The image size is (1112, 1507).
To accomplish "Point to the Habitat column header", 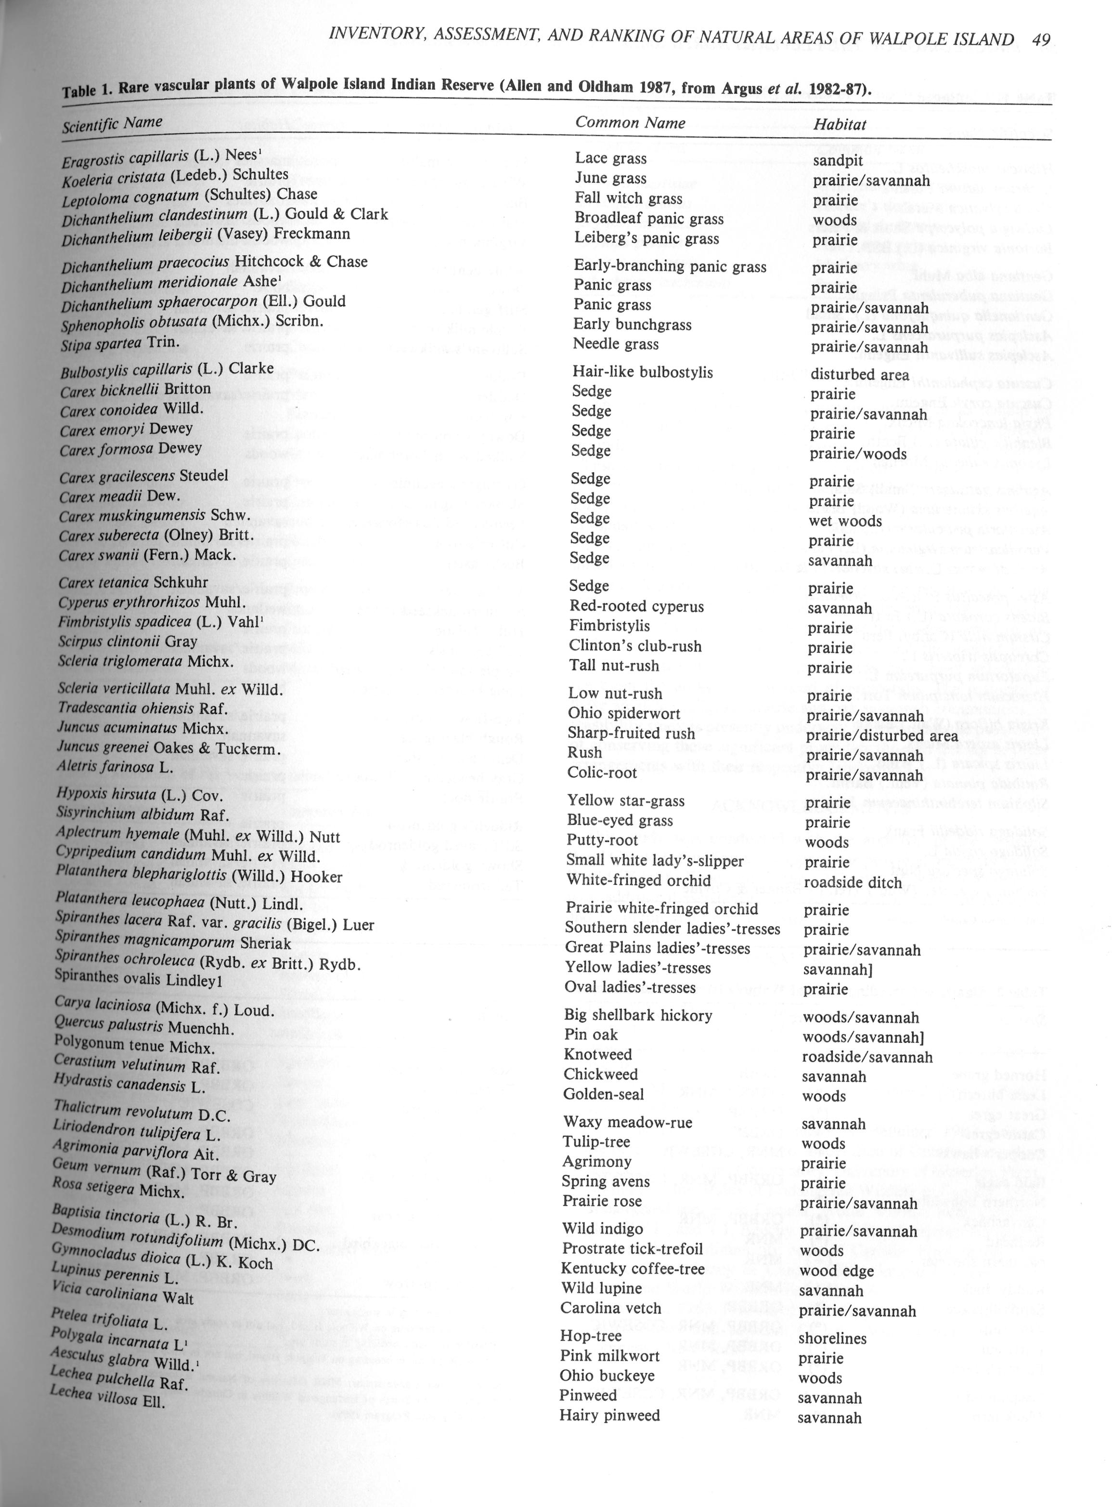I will click(x=840, y=125).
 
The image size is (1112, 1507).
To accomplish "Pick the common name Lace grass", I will click(x=610, y=158).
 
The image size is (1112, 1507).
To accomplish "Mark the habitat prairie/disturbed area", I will click(x=882, y=735).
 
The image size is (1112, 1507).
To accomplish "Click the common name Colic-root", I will click(x=602, y=773).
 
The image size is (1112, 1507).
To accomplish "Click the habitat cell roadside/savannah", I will click(x=867, y=1057).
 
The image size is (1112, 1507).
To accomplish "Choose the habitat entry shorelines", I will click(x=832, y=1338).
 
